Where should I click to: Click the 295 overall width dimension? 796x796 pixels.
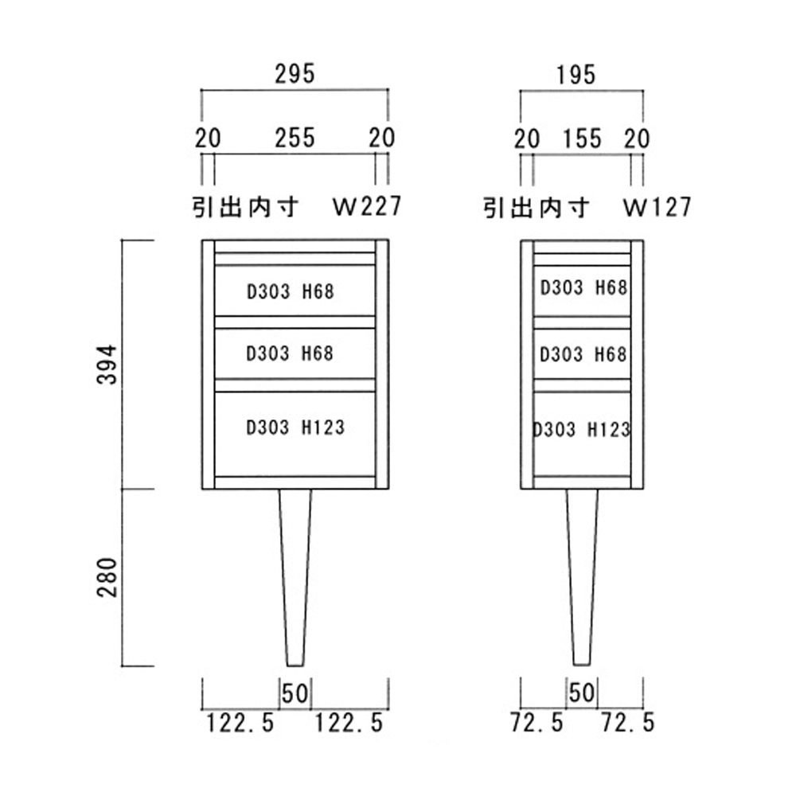pyautogui.click(x=295, y=74)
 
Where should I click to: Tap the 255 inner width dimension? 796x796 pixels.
pyautogui.click(x=295, y=138)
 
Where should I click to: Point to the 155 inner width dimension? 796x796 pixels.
pyautogui.click(x=581, y=139)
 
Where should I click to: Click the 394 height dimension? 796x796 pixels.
pyautogui.click(x=107, y=364)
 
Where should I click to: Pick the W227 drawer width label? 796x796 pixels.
pyautogui.click(x=366, y=208)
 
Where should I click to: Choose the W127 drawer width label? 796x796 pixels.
pyautogui.click(x=657, y=208)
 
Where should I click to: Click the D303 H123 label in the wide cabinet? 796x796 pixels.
pyautogui.click(x=295, y=428)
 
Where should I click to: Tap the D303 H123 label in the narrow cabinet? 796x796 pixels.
pyautogui.click(x=581, y=430)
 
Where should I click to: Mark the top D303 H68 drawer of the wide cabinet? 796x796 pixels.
pyautogui.click(x=291, y=292)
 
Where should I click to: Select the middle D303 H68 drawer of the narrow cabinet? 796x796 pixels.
pyautogui.click(x=583, y=354)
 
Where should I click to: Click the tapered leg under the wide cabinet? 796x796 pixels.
pyautogui.click(x=295, y=573)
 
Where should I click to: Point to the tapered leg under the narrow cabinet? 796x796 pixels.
pyautogui.click(x=582, y=573)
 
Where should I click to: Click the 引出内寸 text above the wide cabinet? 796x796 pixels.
pyautogui.click(x=245, y=208)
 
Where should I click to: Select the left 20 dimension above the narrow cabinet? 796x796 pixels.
pyautogui.click(x=526, y=139)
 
